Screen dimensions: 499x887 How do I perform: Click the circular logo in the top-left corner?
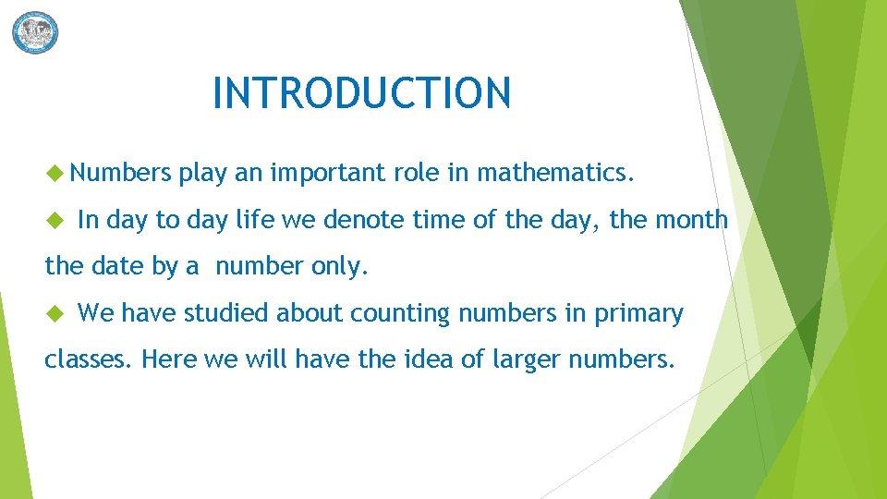(35, 32)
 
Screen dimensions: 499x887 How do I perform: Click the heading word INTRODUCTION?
(361, 93)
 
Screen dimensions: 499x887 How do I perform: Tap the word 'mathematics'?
(554, 172)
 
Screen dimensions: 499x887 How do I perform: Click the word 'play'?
(202, 173)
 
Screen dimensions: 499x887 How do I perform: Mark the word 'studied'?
(227, 314)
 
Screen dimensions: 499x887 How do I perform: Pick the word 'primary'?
(638, 314)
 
